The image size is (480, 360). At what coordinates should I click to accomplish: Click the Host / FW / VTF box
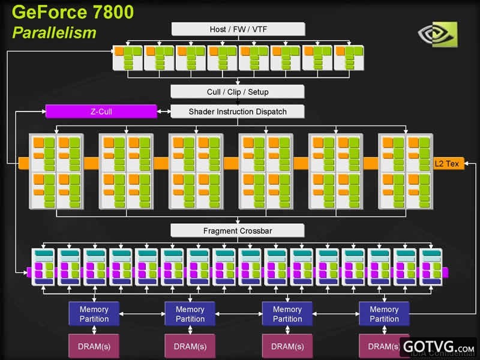238,29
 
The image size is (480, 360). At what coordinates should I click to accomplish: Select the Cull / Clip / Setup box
238,92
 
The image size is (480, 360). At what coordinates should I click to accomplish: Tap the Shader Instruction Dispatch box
238,111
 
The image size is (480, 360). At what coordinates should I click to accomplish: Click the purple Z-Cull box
101,111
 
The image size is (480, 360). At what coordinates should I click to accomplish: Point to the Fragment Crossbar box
238,230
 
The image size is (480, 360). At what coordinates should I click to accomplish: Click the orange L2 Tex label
448,163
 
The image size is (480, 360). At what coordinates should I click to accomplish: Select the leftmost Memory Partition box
94,314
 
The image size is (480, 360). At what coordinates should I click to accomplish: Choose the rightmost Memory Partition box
384,314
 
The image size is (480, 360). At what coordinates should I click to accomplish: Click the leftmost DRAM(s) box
94,346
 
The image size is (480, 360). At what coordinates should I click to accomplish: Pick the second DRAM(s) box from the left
190,346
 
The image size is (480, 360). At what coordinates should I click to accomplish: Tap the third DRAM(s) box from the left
287,346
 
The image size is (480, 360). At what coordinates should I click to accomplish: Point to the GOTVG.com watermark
439,347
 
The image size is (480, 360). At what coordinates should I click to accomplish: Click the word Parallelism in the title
54,32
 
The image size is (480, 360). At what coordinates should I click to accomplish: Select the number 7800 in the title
119,12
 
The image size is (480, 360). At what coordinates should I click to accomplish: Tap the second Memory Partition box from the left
190,314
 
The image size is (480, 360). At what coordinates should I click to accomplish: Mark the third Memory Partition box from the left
287,314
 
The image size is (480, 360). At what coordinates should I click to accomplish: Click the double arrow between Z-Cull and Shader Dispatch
164,111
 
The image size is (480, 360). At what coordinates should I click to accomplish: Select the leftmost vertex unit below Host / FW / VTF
127,58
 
